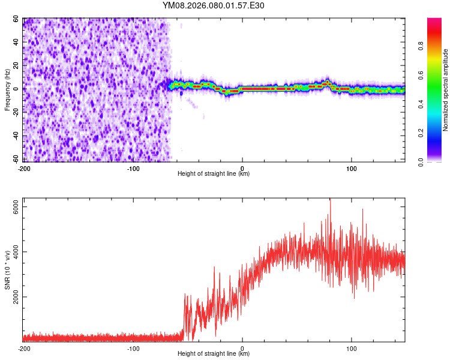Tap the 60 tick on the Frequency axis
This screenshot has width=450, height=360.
17,19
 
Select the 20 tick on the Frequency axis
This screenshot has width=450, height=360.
17,65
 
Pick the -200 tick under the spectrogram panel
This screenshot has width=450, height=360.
25,168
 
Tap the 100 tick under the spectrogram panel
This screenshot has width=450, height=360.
351,168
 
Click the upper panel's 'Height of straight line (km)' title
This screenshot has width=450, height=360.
214,174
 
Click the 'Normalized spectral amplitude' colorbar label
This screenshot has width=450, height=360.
446,90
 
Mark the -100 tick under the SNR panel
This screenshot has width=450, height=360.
133,349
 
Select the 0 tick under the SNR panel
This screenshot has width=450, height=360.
242,349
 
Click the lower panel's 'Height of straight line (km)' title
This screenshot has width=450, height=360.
214,355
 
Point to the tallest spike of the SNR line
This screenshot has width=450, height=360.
330,200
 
